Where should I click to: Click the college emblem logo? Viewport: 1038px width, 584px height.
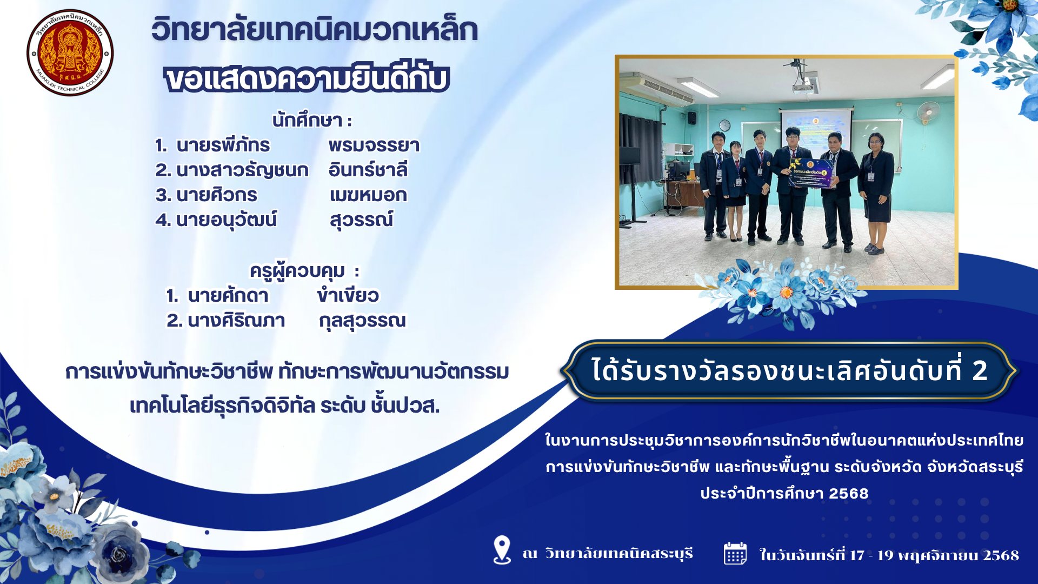click(70, 53)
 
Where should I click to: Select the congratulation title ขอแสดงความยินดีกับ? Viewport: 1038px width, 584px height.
click(307, 78)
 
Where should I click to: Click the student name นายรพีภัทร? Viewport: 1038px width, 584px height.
click(223, 145)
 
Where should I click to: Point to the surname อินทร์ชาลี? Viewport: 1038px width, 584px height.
click(368, 170)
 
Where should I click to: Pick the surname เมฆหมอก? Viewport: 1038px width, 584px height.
click(368, 195)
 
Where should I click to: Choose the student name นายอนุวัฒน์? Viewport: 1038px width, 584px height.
click(227, 220)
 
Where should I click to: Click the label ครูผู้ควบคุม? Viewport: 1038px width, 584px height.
click(297, 270)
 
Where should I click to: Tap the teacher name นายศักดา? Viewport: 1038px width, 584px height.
click(228, 295)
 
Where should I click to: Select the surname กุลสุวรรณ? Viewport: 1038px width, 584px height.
click(362, 321)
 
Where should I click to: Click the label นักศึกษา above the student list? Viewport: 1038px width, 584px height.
click(307, 120)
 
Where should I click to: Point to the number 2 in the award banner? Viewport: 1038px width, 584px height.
click(980, 371)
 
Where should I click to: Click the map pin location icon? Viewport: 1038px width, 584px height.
click(502, 550)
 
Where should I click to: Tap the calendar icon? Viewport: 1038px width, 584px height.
click(735, 553)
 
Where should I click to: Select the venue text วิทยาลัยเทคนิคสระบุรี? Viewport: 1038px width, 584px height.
click(619, 554)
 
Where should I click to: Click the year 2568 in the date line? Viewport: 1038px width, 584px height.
click(1001, 555)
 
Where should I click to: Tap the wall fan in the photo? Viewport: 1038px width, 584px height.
click(928, 112)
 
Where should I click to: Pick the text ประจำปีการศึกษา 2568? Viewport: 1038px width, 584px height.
click(784, 493)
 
